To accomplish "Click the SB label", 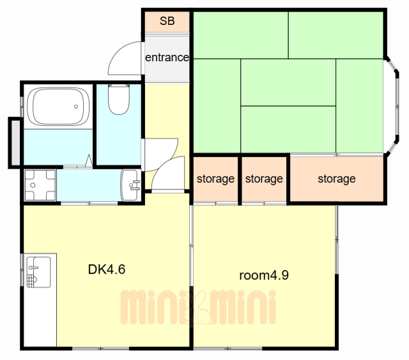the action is point(167,21).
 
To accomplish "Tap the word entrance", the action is point(167,57).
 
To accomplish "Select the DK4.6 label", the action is point(107,269).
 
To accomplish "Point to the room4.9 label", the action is point(264,275).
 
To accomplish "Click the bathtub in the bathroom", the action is point(58,107).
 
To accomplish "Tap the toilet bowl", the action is point(119,99).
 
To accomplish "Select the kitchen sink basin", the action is point(38,272).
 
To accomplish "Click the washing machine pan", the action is point(40,185).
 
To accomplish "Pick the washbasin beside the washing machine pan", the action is point(130,185).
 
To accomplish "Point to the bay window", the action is point(392,107).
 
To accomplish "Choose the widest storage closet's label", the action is point(337,179).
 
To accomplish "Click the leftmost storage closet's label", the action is point(215,179).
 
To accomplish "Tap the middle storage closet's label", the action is point(264,179).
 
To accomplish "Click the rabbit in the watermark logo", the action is point(198,308).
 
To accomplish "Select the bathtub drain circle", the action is point(76,107).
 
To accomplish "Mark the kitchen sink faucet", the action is point(33,267).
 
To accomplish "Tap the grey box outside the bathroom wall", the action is point(15,143).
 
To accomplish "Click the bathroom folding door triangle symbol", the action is point(89,161).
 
